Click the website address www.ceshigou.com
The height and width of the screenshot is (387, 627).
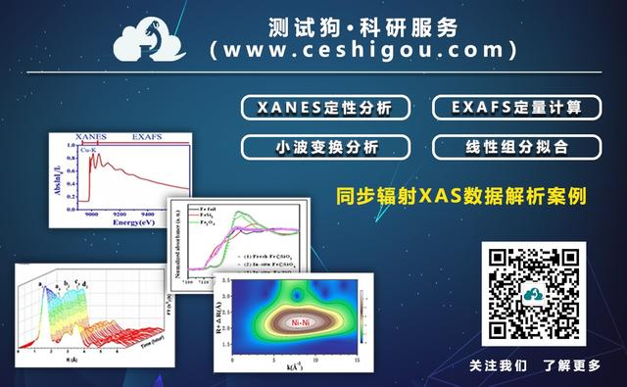coord(362,48)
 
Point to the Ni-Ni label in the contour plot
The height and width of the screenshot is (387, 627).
coord(299,319)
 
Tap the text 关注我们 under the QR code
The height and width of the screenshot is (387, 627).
coord(498,365)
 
